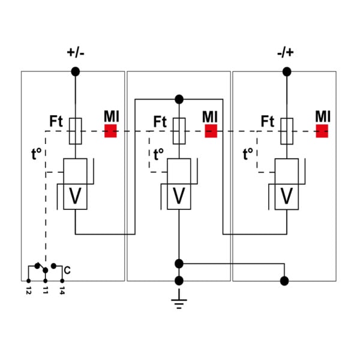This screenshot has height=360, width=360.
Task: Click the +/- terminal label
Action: tap(76, 53)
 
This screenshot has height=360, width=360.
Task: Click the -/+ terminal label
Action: tap(286, 53)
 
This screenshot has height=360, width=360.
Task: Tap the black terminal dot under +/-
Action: tap(76, 71)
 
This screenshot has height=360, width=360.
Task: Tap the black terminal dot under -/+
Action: tap(287, 71)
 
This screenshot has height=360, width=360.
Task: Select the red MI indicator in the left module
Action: tap(110, 131)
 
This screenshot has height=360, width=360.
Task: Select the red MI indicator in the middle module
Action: tap(211, 131)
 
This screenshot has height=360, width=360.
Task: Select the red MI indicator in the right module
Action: tap(322, 131)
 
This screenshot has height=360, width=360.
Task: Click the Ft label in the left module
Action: tap(56, 121)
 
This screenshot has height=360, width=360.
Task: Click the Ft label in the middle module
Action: tap(160, 122)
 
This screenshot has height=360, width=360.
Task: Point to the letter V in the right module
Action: tap(287, 196)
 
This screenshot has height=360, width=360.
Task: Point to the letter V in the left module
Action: tap(76, 196)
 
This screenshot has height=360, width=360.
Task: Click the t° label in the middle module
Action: tap(158, 154)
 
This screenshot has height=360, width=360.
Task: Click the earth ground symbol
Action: tap(179, 300)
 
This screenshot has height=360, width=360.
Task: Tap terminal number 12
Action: tap(28, 290)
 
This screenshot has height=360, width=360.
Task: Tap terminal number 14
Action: tap(62, 290)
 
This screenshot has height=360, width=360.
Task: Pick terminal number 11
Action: tap(45, 290)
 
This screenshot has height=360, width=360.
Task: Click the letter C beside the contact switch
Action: tap(67, 270)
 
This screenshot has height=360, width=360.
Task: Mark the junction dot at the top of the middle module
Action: tap(179, 100)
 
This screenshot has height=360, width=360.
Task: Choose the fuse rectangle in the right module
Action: tap(287, 131)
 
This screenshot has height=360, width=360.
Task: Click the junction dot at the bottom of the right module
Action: tap(284, 281)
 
